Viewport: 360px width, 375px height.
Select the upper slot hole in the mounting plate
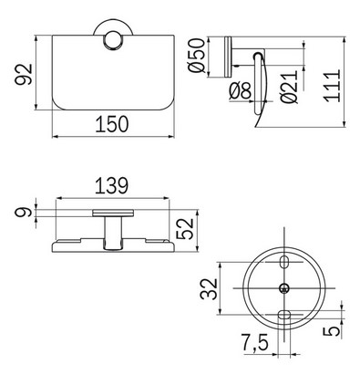pos(284,263)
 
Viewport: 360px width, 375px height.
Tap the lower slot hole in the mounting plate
pos(284,315)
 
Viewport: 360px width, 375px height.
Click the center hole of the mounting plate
pos(284,289)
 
